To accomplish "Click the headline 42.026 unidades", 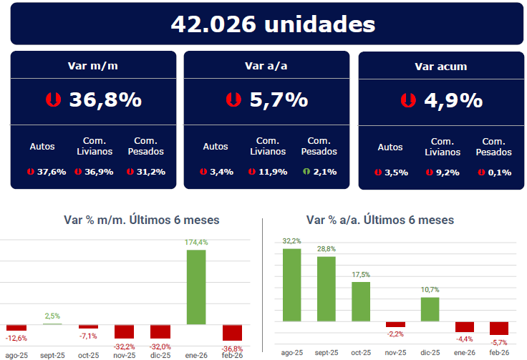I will coord(273,24).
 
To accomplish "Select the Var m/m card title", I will coord(93,66).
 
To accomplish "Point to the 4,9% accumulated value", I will coord(453,101).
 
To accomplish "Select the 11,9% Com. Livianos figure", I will coord(272,172).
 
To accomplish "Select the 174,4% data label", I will coord(196,243).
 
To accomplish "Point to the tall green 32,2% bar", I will coord(291,285).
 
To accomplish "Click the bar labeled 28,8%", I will coord(327,288).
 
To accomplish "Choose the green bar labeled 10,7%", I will coord(430,309).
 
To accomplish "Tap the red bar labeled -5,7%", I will coord(499,329).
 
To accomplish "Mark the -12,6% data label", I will coord(16,338).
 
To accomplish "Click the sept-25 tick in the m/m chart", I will coord(53,354).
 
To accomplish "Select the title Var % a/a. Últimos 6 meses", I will coord(379,220).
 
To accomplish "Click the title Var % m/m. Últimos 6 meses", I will coord(141,220).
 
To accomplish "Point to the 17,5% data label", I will coord(361,275).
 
